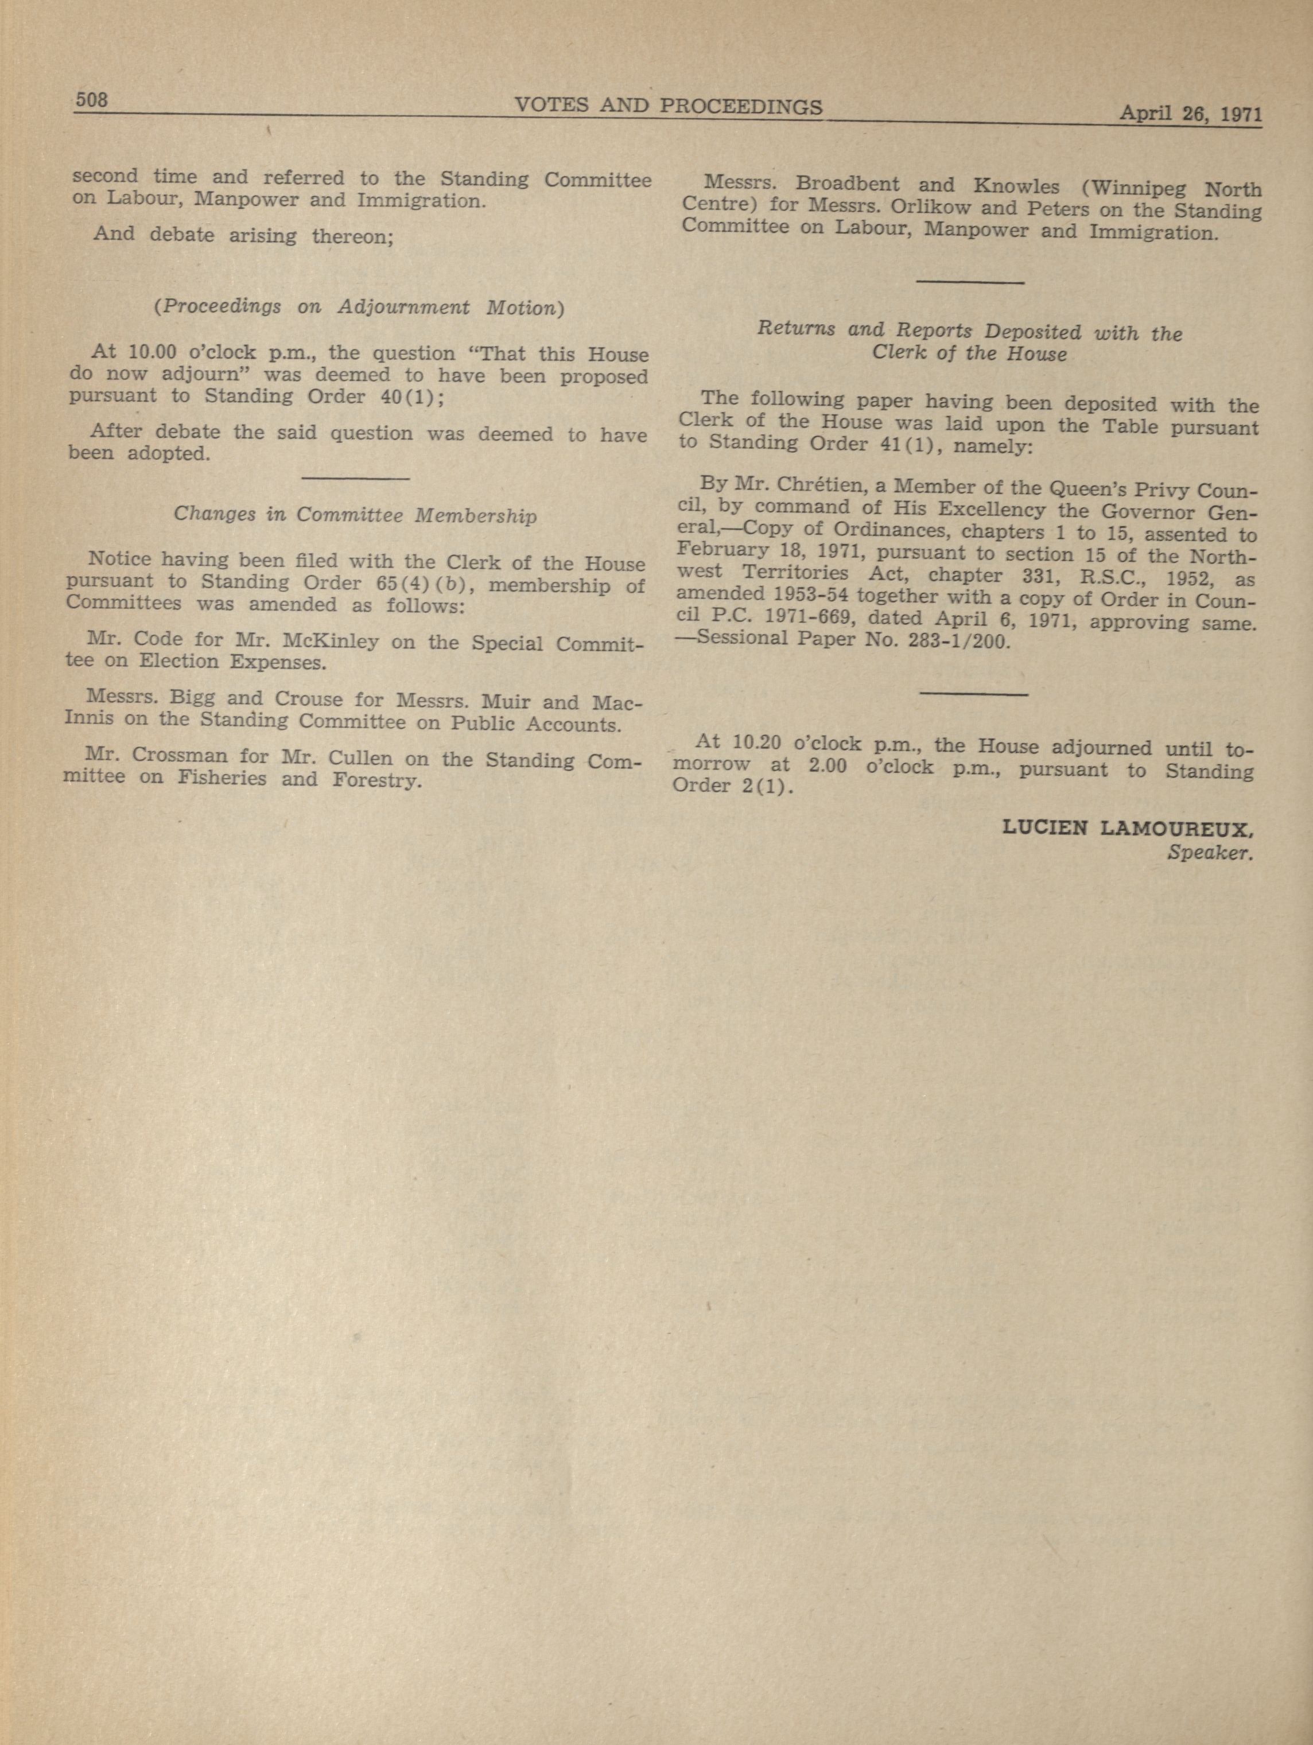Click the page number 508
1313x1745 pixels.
pos(91,100)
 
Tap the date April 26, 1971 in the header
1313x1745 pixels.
pos(1190,114)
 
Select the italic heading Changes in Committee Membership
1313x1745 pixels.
pos(355,515)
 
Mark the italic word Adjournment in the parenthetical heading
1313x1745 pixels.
pos(403,307)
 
